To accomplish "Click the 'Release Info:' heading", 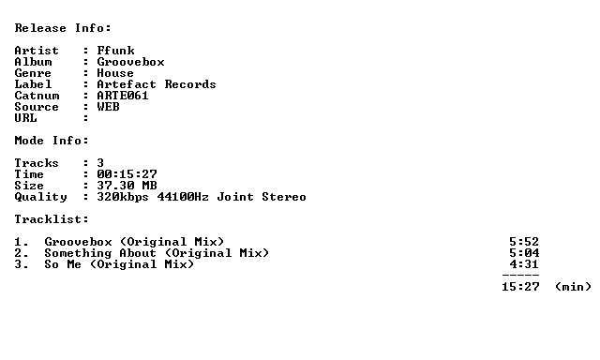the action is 63,28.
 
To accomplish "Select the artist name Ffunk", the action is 115,51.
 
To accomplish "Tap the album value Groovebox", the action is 130,62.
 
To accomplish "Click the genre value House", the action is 115,73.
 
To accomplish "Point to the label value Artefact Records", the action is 157,84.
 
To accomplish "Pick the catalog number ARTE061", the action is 123,96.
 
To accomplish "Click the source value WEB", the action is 109,107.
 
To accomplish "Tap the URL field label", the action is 25,118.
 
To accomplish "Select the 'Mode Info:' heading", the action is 52,141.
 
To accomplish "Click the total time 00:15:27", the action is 127,174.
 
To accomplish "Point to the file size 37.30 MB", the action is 127,186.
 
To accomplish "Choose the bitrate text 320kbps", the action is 123,197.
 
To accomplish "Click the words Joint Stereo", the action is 262,197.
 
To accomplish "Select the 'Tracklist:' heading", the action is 52,219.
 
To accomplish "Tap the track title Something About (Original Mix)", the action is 157,253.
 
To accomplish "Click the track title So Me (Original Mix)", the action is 119,264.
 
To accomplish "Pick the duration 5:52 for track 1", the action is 524,242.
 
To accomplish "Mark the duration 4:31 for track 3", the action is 524,264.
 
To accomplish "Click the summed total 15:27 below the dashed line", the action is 520,287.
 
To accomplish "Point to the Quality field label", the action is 40,197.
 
